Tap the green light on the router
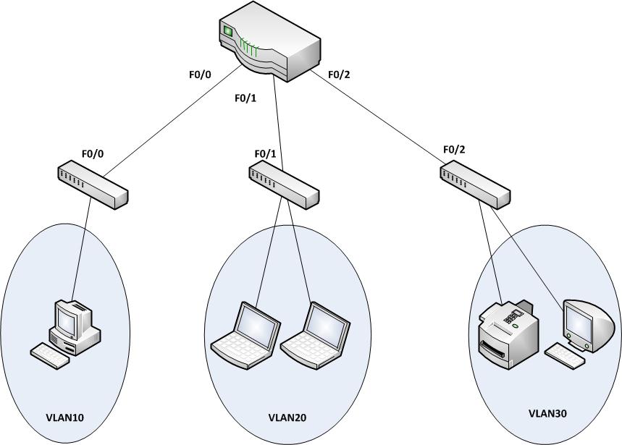[x=230, y=32]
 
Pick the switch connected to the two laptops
[x=284, y=185]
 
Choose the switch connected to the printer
[x=476, y=185]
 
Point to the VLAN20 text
[x=287, y=417]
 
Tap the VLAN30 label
[x=547, y=414]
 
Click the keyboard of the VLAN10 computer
[x=51, y=355]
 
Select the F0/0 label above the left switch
[x=93, y=153]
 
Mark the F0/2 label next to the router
[x=339, y=73]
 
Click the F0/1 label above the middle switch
[x=266, y=154]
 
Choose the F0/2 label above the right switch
[x=454, y=150]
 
